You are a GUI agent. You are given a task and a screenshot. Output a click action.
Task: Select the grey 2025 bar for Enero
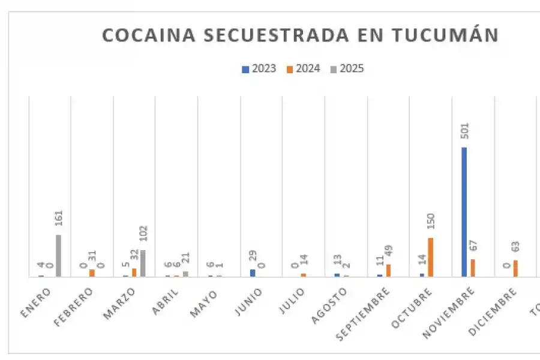(58, 256)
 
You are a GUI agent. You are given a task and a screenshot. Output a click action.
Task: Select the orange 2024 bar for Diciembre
(515, 268)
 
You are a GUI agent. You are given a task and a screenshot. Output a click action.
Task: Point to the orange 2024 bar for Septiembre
(388, 270)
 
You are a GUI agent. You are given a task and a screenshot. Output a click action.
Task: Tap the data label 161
(59, 220)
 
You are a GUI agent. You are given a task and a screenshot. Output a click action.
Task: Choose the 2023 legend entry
(259, 68)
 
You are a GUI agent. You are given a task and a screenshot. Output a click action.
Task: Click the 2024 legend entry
(303, 68)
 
